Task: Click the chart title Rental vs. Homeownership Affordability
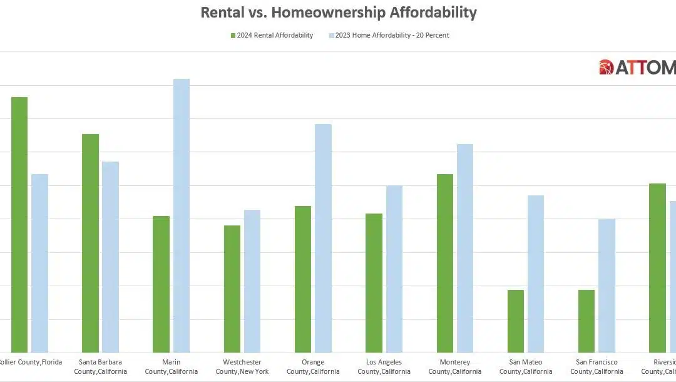click(x=338, y=12)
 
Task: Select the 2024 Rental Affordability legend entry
click(x=272, y=36)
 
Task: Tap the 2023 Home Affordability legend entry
click(x=389, y=36)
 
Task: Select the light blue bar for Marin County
click(x=182, y=215)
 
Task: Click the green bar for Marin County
click(x=161, y=284)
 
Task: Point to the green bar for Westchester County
click(x=232, y=289)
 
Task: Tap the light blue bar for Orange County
click(x=323, y=238)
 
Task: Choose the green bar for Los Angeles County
click(x=374, y=283)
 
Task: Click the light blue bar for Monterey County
click(x=465, y=248)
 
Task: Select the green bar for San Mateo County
click(x=516, y=321)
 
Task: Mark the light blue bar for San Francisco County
click(x=607, y=286)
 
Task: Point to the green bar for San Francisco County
click(x=586, y=321)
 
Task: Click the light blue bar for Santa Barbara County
click(x=111, y=257)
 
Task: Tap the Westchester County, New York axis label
click(x=242, y=367)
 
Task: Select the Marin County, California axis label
click(x=171, y=367)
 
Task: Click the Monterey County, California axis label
click(x=455, y=367)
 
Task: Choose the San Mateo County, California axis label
click(x=526, y=367)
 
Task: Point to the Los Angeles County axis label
click(x=384, y=367)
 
